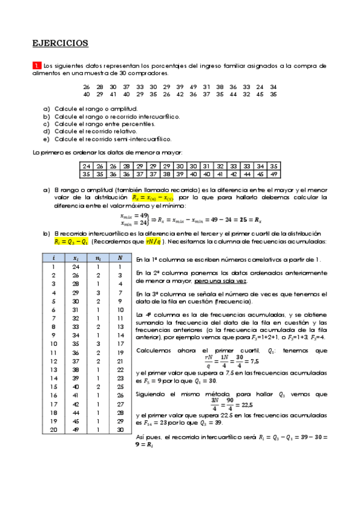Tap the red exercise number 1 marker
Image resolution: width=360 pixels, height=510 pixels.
point(37,66)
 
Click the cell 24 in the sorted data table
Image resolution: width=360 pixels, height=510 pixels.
point(87,166)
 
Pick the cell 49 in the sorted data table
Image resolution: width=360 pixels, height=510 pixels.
point(273,174)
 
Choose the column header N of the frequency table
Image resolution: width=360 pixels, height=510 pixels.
point(120,258)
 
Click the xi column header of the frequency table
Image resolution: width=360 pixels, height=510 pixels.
point(76,258)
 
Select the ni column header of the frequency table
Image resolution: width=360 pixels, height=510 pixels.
point(99,258)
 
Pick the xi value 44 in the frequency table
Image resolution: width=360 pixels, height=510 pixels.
point(76,413)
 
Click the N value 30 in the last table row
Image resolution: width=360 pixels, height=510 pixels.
point(120,429)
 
